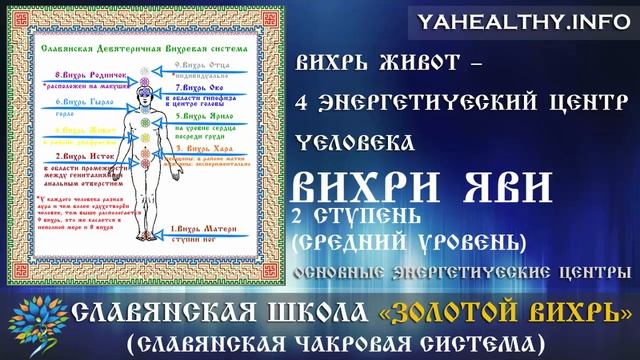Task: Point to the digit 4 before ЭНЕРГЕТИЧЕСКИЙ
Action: click(303, 103)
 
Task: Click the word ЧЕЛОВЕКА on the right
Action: click(351, 141)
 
